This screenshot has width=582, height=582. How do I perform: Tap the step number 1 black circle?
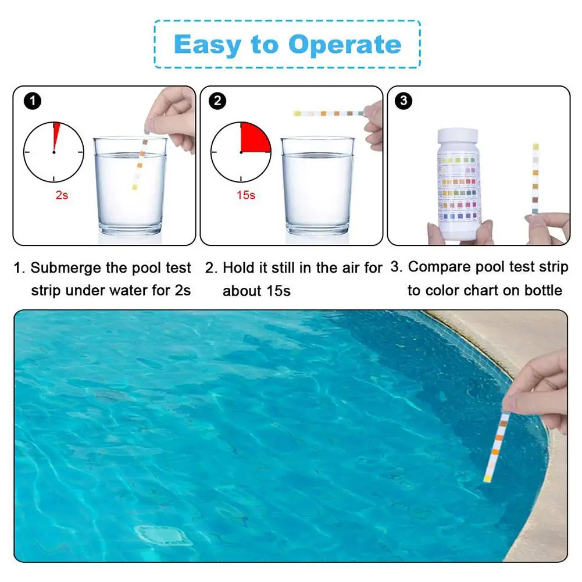click(x=33, y=101)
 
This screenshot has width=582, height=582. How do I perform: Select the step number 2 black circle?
click(x=218, y=101)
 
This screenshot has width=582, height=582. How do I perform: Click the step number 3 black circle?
click(x=403, y=101)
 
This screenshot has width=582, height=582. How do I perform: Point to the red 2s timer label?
click(x=62, y=195)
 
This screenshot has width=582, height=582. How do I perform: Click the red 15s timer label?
click(x=246, y=195)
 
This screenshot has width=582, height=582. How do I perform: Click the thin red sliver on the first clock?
click(x=56, y=135)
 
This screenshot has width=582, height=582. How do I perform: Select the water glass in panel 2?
click(x=317, y=186)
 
